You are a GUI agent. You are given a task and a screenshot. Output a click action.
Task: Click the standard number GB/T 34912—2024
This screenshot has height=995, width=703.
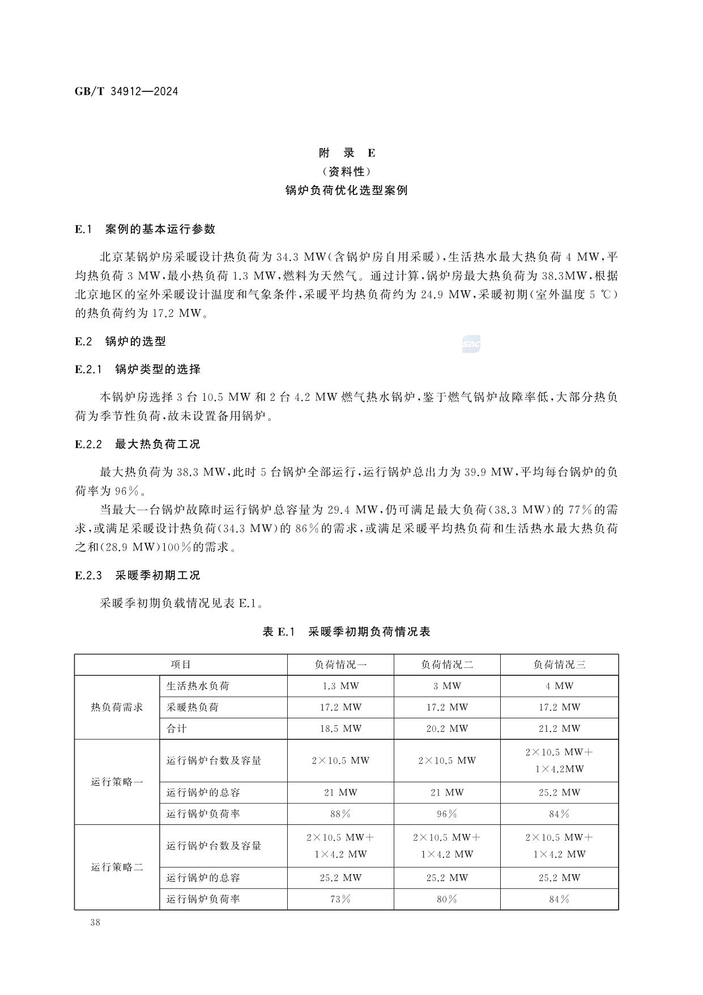click(126, 91)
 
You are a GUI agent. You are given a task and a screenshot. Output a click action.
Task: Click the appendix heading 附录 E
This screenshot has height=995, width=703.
click(347, 153)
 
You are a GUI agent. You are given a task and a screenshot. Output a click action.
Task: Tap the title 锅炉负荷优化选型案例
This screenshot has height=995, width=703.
click(347, 190)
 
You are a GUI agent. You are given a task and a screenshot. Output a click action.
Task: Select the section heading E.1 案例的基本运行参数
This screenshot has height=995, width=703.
click(145, 229)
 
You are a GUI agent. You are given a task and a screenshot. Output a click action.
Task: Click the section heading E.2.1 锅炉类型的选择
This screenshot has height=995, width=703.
click(138, 369)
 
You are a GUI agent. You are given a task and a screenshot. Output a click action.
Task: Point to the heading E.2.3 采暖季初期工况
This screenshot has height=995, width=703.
click(138, 575)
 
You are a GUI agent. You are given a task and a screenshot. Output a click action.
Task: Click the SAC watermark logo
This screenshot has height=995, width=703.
click(471, 344)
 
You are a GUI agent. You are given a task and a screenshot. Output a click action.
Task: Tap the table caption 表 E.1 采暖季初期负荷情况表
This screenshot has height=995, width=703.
click(347, 632)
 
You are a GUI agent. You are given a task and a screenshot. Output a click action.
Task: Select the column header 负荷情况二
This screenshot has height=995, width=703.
click(447, 664)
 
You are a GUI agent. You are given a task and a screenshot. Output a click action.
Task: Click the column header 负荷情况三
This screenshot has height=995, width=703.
click(559, 664)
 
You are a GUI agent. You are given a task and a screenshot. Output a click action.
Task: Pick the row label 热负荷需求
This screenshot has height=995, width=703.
click(117, 707)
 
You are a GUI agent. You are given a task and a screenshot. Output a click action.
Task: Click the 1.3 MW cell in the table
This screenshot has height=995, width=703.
click(340, 686)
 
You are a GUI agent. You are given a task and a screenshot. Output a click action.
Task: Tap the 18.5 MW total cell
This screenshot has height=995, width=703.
click(340, 729)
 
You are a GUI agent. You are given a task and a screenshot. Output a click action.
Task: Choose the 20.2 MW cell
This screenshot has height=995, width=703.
click(447, 729)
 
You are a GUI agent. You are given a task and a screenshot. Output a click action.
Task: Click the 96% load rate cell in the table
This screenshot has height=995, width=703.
click(447, 814)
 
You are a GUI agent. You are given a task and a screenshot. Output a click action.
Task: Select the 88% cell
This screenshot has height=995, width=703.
click(340, 814)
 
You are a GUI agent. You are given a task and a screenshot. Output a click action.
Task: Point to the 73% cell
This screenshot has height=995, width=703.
click(340, 899)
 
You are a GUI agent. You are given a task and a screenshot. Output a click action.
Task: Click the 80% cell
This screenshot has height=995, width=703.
click(447, 899)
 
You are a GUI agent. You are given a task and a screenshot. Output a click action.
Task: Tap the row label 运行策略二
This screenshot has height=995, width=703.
click(117, 867)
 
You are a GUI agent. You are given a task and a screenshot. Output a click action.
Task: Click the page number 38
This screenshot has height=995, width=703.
click(95, 922)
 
